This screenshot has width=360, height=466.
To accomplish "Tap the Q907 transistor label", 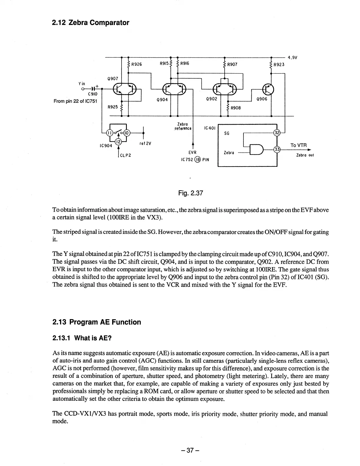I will tap(112, 79).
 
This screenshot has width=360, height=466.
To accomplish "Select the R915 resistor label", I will tap(164, 63).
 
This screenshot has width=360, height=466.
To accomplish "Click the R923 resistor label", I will tap(279, 64).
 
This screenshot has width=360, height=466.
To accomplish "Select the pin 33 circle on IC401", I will tap(277, 149).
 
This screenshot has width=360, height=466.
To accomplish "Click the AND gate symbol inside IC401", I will tap(256, 149).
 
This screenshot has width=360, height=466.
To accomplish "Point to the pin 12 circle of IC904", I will tap(118, 142).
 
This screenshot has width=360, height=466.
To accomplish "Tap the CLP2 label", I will tap(125, 155).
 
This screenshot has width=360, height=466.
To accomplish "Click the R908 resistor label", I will tap(235, 108).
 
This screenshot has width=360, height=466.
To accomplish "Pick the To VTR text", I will tap(298, 145).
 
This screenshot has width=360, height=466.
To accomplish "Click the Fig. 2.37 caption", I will tap(191, 193).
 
